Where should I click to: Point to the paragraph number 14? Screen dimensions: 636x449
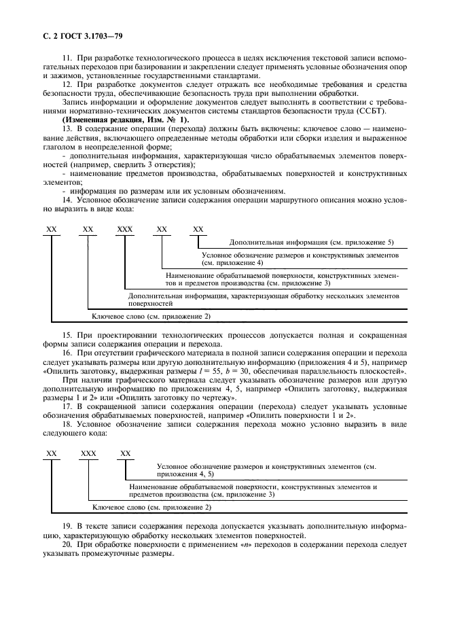coord(67,200)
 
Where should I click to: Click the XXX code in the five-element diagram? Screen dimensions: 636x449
coord(125,230)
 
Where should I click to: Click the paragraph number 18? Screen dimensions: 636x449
coord(67,424)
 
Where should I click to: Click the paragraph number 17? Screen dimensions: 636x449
coord(67,406)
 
